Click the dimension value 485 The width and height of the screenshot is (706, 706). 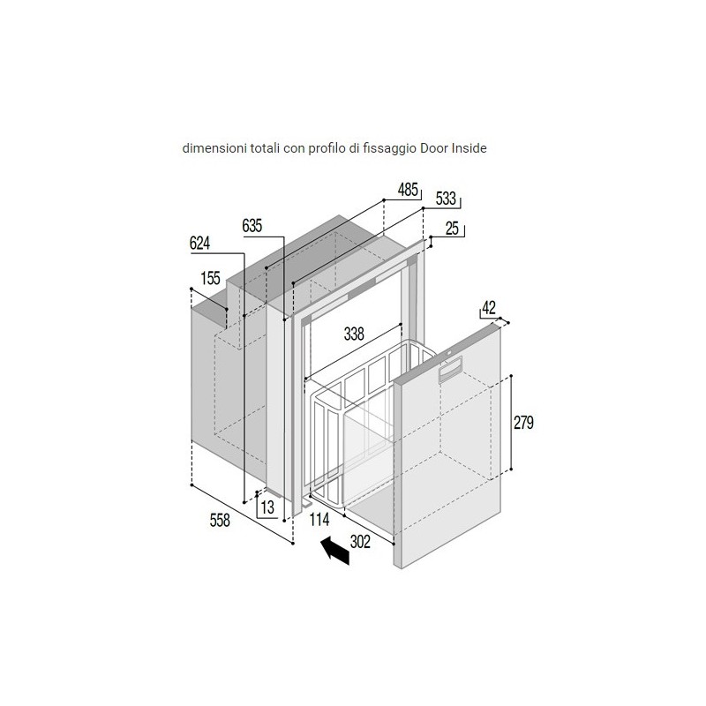click(408, 190)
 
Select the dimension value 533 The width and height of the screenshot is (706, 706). click(447, 199)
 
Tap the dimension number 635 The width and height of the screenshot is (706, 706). click(252, 226)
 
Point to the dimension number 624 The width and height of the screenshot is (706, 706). click(200, 244)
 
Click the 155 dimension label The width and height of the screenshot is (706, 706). click(210, 278)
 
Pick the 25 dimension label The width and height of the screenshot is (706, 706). click(452, 229)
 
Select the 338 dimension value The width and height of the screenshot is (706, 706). click(354, 334)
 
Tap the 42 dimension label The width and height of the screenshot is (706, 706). click(489, 307)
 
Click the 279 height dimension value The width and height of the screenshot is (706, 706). click(523, 423)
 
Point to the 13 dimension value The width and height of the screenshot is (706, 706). click(267, 507)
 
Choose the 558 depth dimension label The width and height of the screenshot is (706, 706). click(220, 520)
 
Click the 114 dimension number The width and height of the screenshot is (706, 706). click(319, 520)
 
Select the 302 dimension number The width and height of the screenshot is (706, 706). click(360, 542)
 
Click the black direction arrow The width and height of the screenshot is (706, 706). click(335, 549)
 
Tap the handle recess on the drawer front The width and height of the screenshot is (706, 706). click(450, 369)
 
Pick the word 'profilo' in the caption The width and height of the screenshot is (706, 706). click(325, 148)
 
